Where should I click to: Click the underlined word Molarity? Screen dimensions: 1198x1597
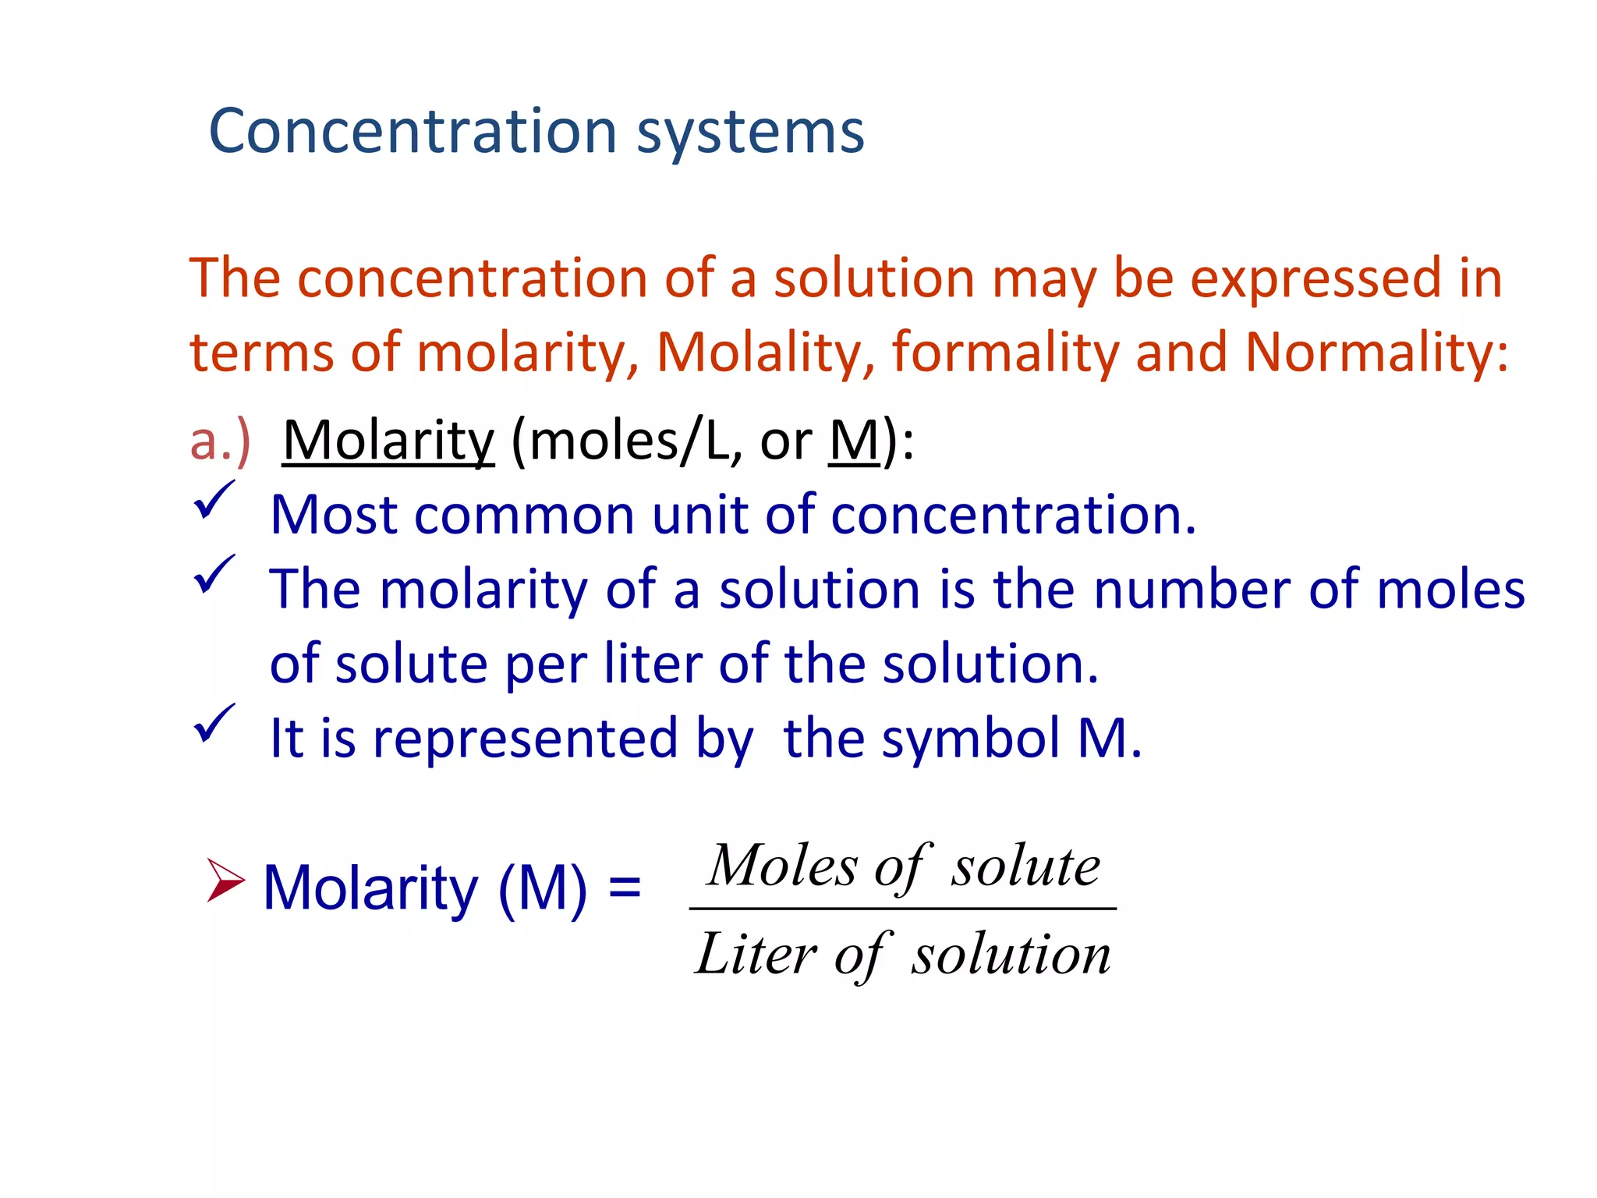pyautogui.click(x=388, y=441)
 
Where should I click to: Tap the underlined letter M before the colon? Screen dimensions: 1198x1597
pyautogui.click(x=854, y=441)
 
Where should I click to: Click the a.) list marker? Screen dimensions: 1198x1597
pyautogui.click(x=220, y=441)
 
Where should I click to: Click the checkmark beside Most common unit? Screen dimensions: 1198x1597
pyautogui.click(x=213, y=501)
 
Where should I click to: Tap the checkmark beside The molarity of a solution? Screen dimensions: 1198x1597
pyautogui.click(x=213, y=575)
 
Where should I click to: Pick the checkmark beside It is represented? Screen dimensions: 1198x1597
pyautogui.click(x=213, y=724)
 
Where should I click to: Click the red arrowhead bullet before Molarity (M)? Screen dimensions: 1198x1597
pyautogui.click(x=225, y=881)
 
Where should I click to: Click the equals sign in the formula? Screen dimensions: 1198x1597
pyautogui.click(x=625, y=888)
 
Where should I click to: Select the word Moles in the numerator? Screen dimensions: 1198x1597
pyautogui.click(x=782, y=866)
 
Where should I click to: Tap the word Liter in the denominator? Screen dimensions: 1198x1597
pyautogui.click(x=756, y=954)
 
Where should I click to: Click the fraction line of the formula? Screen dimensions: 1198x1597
pyautogui.click(x=903, y=909)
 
